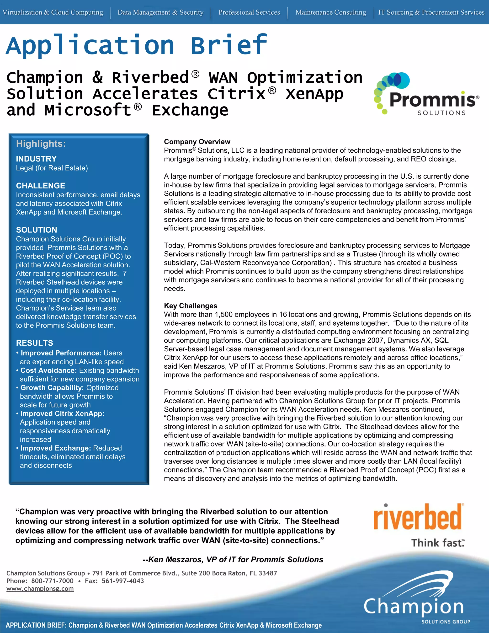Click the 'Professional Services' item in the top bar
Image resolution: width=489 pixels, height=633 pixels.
(249, 12)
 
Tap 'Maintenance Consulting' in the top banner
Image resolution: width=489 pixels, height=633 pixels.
(330, 12)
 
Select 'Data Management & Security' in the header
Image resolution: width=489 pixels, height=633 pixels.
(160, 12)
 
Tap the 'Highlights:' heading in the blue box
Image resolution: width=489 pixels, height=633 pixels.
(41, 144)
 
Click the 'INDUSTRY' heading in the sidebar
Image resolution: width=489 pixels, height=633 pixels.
(36, 159)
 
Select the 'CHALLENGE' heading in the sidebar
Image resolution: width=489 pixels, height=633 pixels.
(41, 186)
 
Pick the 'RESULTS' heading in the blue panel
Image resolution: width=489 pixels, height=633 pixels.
(34, 343)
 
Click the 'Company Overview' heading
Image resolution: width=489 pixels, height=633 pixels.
(197, 142)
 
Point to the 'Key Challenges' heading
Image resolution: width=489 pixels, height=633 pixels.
(190, 306)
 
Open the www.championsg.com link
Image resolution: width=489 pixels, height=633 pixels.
(40, 588)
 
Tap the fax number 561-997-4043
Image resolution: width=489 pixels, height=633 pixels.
(123, 581)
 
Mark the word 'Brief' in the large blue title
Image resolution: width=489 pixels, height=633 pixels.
(229, 45)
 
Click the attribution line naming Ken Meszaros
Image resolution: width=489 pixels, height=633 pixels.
(233, 559)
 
